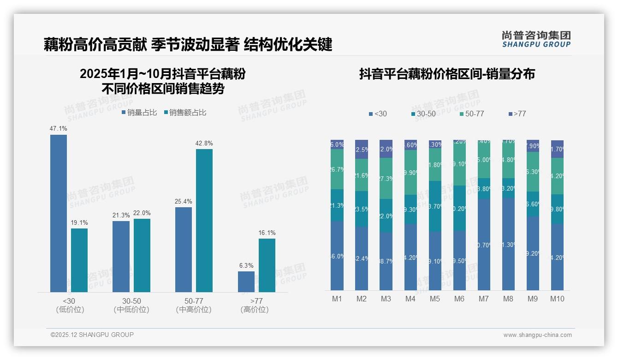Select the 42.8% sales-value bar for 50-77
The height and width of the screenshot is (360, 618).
(x=204, y=221)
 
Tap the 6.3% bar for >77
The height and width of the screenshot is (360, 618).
(x=246, y=282)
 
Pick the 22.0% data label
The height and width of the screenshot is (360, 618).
(x=142, y=213)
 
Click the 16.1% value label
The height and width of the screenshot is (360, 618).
(x=267, y=233)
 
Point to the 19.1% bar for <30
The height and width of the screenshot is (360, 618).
(x=79, y=260)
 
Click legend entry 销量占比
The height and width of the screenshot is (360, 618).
(x=139, y=112)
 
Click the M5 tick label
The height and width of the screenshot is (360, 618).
(x=435, y=299)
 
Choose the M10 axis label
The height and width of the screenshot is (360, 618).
(x=557, y=299)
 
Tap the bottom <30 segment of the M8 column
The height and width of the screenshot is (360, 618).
(x=508, y=244)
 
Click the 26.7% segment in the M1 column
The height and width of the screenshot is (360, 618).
(x=337, y=169)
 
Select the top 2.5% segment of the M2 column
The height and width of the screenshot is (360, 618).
(x=362, y=149)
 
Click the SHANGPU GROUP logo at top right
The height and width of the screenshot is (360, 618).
(x=536, y=39)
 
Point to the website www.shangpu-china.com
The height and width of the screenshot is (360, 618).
(x=537, y=335)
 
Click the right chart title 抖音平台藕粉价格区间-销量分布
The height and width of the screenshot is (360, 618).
(x=446, y=74)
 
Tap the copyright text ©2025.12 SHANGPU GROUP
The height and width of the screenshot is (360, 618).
(x=92, y=335)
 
